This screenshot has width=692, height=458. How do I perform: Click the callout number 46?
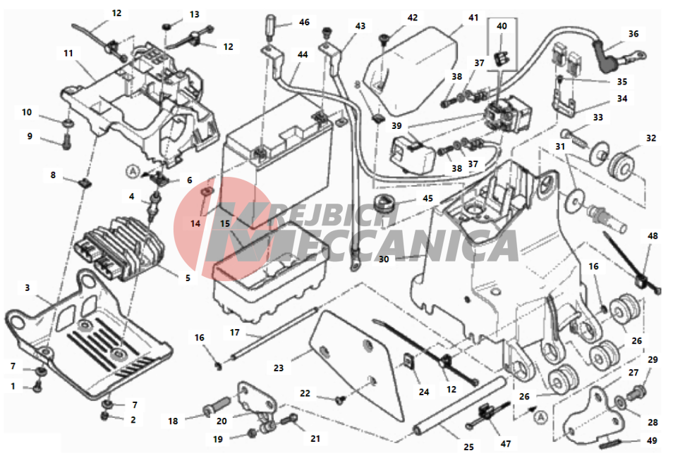[304, 23]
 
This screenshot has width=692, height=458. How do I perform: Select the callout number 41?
[473, 16]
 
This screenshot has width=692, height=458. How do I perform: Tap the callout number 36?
[633, 33]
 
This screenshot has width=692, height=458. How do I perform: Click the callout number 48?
[652, 235]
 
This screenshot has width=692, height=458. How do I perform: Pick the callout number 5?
[188, 278]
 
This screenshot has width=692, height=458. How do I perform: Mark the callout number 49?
[652, 441]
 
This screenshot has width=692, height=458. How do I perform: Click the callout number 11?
[68, 53]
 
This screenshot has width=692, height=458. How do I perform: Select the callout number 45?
[427, 198]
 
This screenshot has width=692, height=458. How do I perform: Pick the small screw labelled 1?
[36, 385]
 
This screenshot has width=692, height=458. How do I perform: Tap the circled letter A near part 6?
[130, 170]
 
